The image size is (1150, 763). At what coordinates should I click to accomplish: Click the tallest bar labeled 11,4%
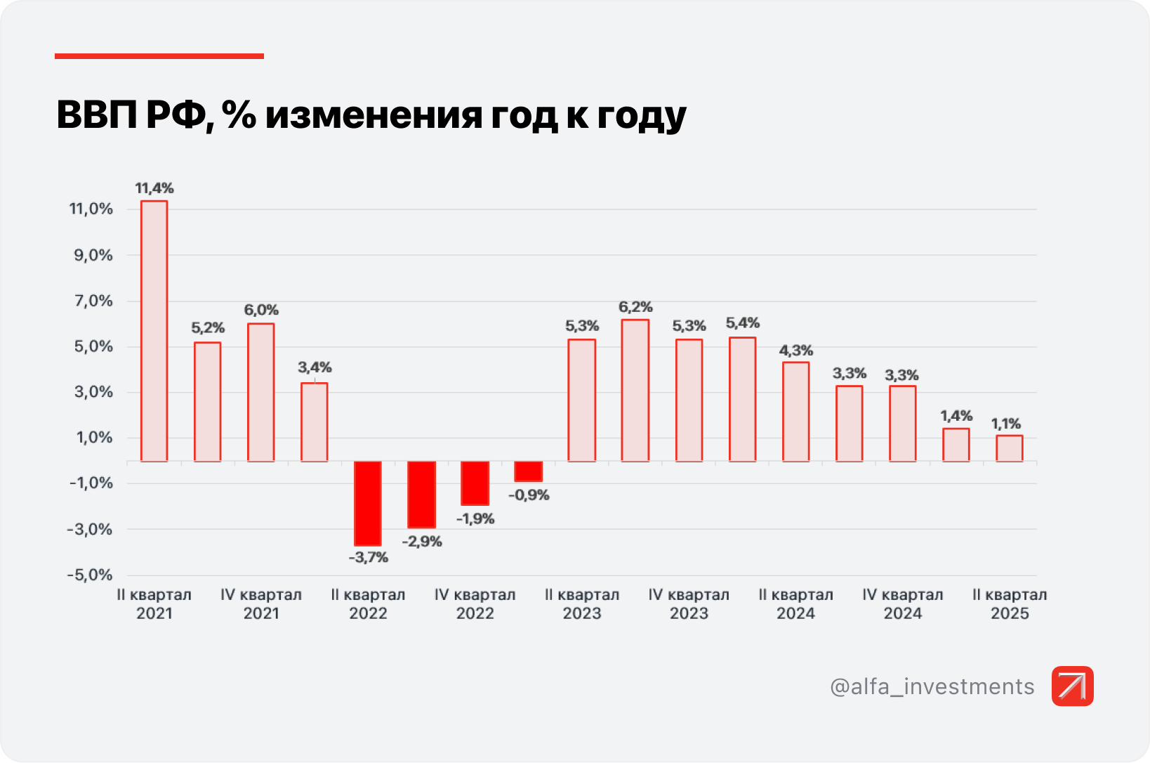click(154, 331)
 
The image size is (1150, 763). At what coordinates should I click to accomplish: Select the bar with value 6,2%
click(635, 391)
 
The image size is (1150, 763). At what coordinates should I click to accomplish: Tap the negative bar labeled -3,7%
click(368, 503)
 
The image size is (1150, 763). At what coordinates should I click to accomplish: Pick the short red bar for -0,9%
click(528, 471)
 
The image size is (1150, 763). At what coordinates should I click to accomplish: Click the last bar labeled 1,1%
click(1009, 448)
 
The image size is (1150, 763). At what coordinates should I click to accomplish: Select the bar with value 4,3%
click(795, 412)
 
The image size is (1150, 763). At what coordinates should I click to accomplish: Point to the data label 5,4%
click(743, 323)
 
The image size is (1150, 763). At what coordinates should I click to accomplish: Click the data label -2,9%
click(422, 542)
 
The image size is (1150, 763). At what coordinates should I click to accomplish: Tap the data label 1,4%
click(956, 416)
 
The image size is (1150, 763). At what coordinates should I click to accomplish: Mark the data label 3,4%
click(315, 367)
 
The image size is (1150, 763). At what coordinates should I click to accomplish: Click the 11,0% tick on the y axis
click(91, 209)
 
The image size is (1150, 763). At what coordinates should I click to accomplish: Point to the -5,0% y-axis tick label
click(90, 575)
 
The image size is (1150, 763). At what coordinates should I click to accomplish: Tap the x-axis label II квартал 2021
click(154, 604)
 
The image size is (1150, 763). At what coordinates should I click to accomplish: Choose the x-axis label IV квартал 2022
click(475, 604)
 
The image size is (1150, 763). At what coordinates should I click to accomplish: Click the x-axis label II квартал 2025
click(1010, 604)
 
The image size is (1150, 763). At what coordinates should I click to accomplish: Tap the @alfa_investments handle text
click(932, 686)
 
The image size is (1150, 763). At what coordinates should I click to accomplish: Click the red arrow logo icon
click(1072, 686)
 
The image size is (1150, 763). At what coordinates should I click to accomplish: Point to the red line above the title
click(159, 56)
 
